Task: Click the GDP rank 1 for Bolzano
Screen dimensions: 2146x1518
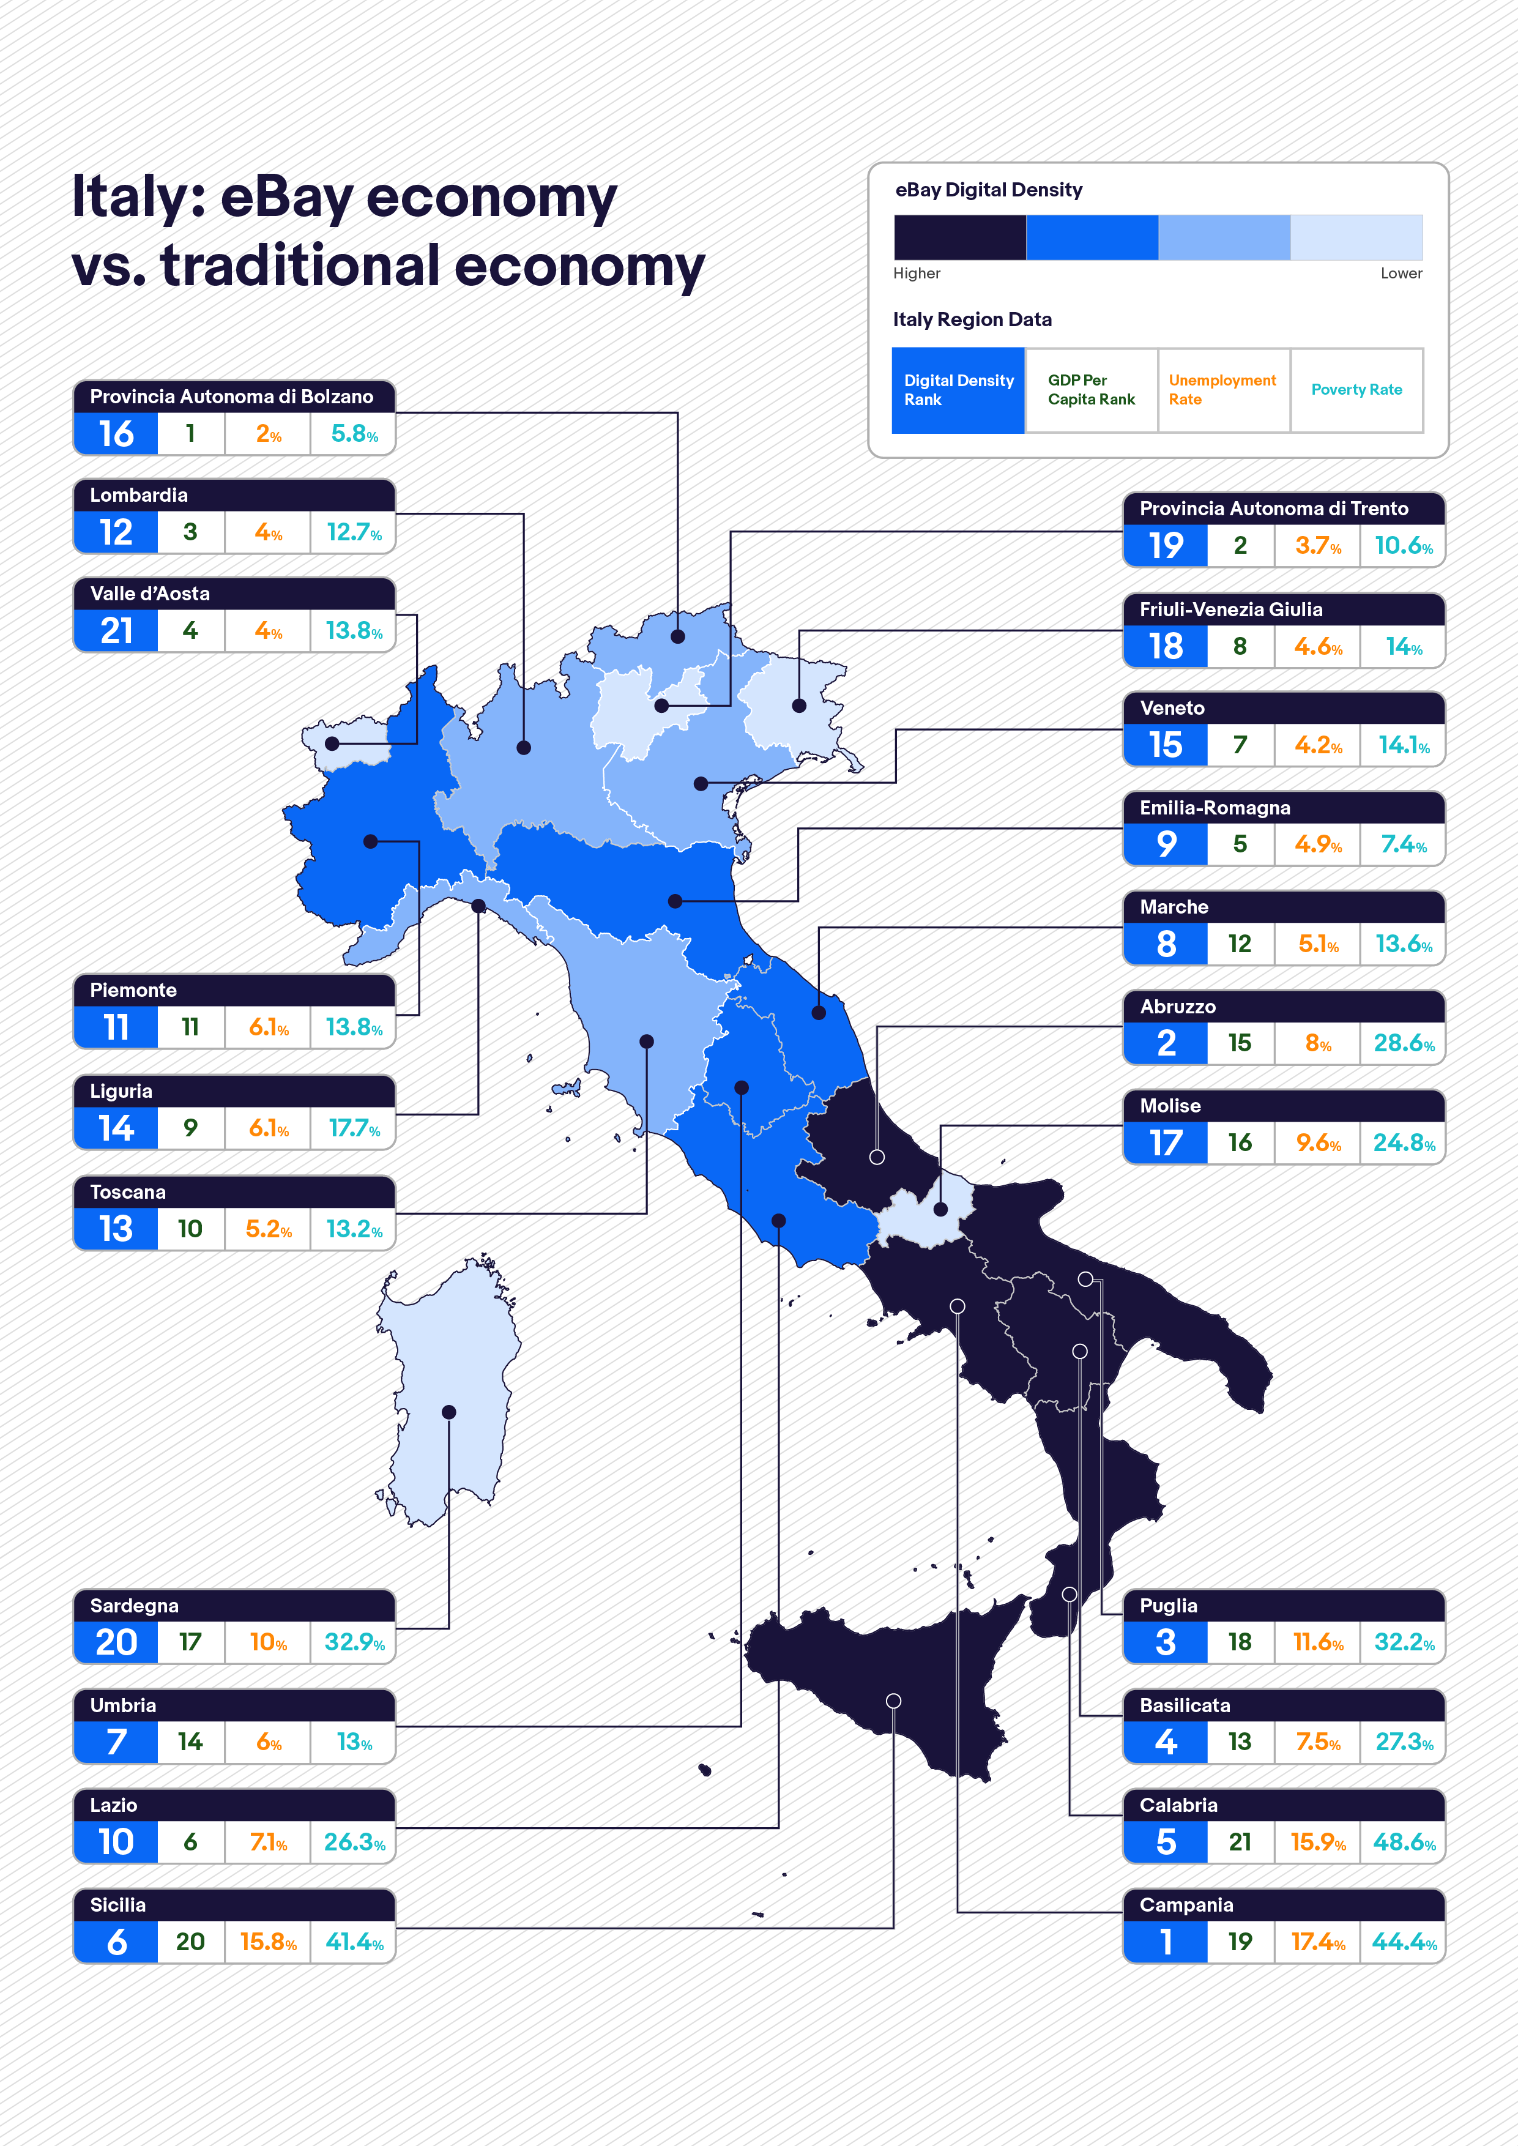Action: click(x=191, y=434)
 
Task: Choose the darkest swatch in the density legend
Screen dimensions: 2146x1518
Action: click(x=960, y=237)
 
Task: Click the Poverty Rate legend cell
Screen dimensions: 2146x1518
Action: click(x=1356, y=390)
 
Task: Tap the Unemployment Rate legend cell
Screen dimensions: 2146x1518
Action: click(x=1222, y=390)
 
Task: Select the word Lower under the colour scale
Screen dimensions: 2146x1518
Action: click(x=1401, y=273)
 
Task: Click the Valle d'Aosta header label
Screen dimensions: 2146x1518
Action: click(x=149, y=594)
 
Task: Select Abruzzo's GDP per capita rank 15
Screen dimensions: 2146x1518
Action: click(x=1240, y=1043)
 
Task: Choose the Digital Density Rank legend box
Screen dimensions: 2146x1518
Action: click(x=958, y=390)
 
